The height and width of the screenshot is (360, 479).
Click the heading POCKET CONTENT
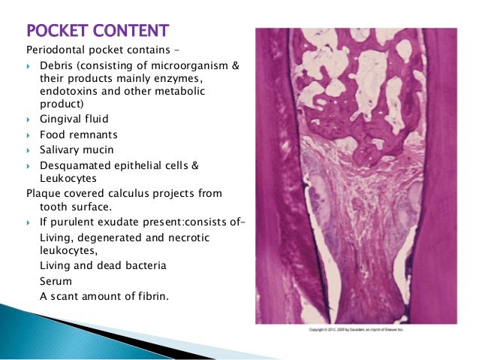coord(98,32)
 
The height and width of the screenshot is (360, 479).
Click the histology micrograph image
coord(356,176)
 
